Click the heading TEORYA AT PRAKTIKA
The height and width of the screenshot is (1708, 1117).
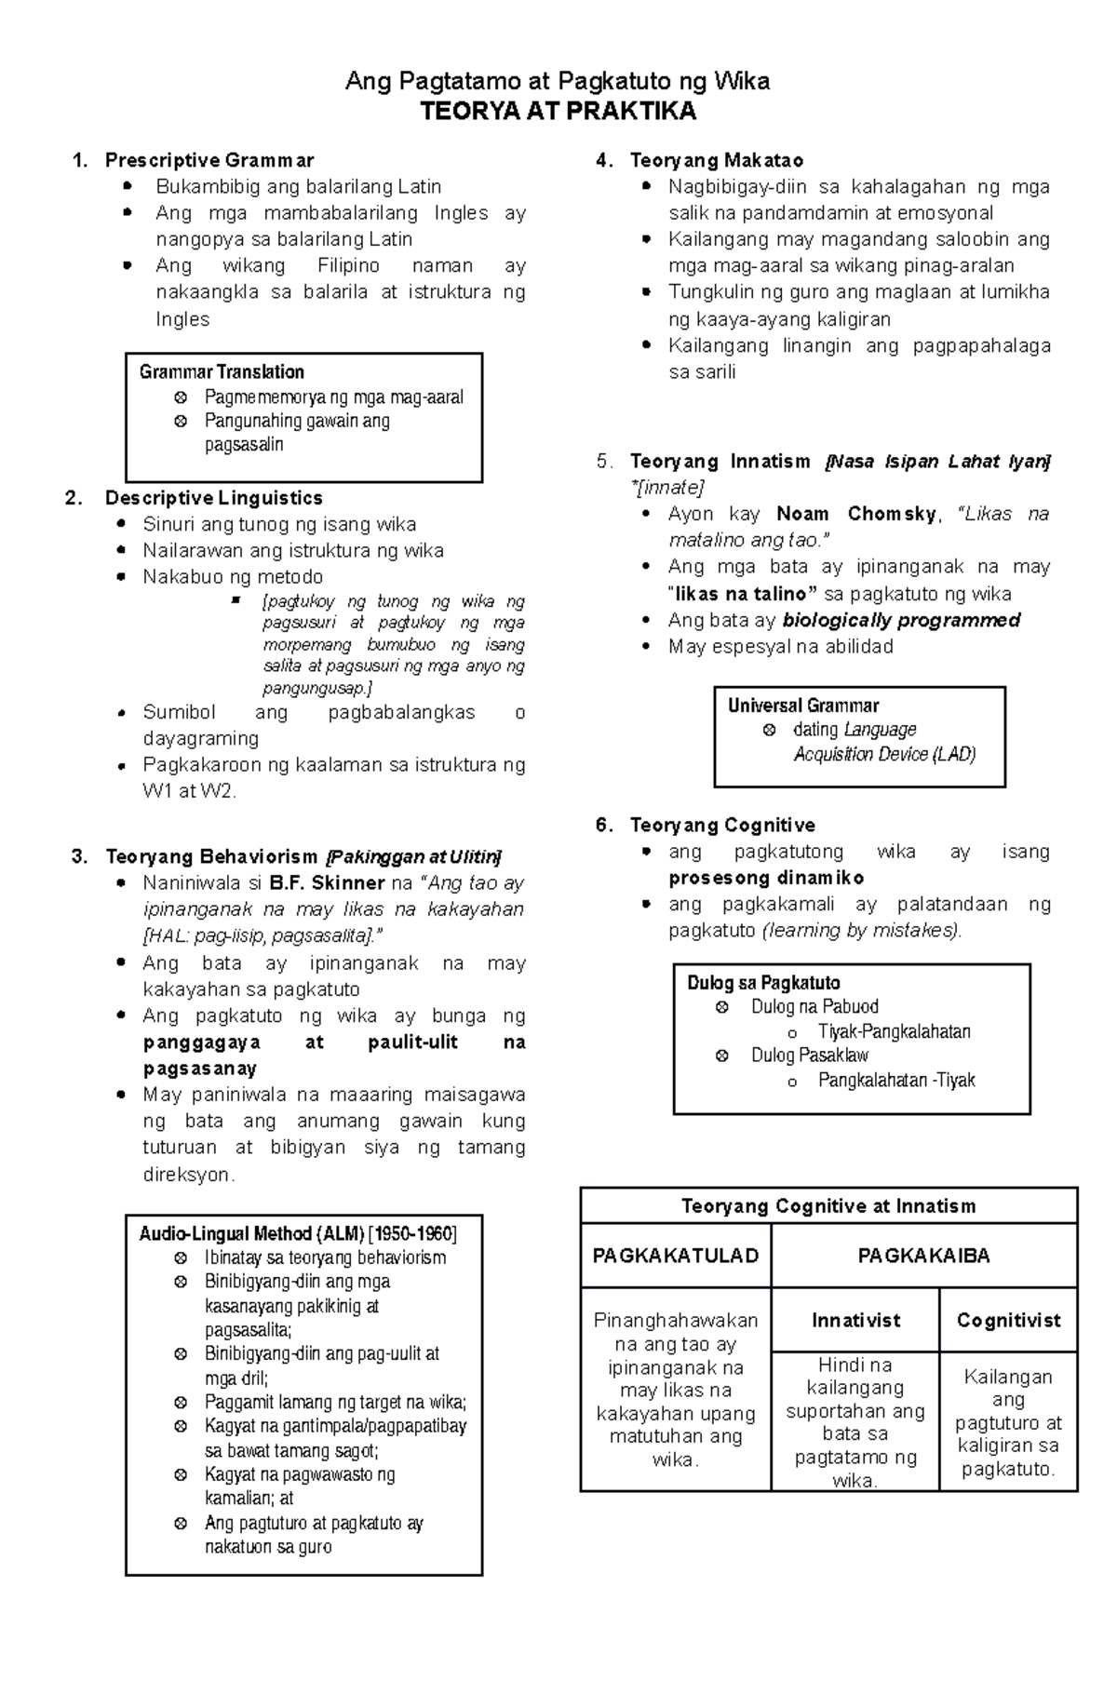point(558,112)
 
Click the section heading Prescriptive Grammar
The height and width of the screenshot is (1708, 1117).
point(209,160)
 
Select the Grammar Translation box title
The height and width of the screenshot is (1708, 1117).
point(222,371)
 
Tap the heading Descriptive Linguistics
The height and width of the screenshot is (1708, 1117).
point(213,498)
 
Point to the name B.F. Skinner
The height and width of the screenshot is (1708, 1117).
point(327,882)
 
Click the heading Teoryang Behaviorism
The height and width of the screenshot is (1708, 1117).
point(211,856)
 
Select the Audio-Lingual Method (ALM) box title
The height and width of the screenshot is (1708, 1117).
point(297,1233)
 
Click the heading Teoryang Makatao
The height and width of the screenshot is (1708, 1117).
point(717,160)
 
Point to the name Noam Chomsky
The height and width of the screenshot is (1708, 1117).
point(856,514)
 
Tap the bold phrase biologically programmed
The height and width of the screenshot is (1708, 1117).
point(901,620)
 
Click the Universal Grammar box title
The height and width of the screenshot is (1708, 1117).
point(803,706)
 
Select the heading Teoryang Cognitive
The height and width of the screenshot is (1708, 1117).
point(722,825)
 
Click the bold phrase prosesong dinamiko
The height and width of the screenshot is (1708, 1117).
point(766,878)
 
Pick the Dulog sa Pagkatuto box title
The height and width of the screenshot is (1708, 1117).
point(763,983)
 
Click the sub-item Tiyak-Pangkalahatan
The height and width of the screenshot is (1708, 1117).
point(894,1031)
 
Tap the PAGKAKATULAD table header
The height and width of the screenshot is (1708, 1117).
point(676,1256)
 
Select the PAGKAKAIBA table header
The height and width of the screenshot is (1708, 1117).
point(923,1256)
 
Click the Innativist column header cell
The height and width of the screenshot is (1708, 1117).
point(855,1320)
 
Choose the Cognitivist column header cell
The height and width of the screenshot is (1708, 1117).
point(1008,1320)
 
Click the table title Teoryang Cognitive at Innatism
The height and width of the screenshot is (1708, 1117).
point(828,1206)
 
